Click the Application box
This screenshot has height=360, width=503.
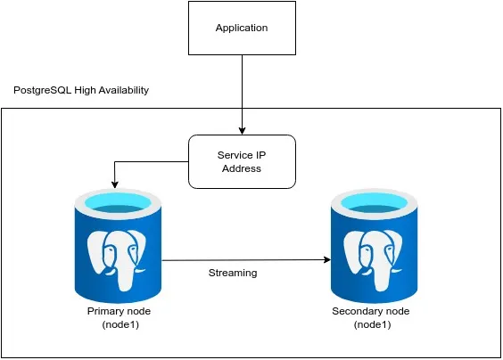(x=241, y=29)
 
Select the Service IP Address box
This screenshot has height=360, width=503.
(x=241, y=161)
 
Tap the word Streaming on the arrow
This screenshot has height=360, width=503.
(x=232, y=273)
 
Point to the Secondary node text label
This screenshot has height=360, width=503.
(x=370, y=311)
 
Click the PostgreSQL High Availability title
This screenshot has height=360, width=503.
(x=81, y=91)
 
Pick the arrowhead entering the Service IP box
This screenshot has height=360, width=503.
(x=241, y=130)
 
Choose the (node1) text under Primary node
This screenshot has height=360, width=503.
(x=120, y=324)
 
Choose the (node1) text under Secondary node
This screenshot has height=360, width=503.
(x=370, y=324)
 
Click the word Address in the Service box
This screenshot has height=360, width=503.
(x=241, y=168)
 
